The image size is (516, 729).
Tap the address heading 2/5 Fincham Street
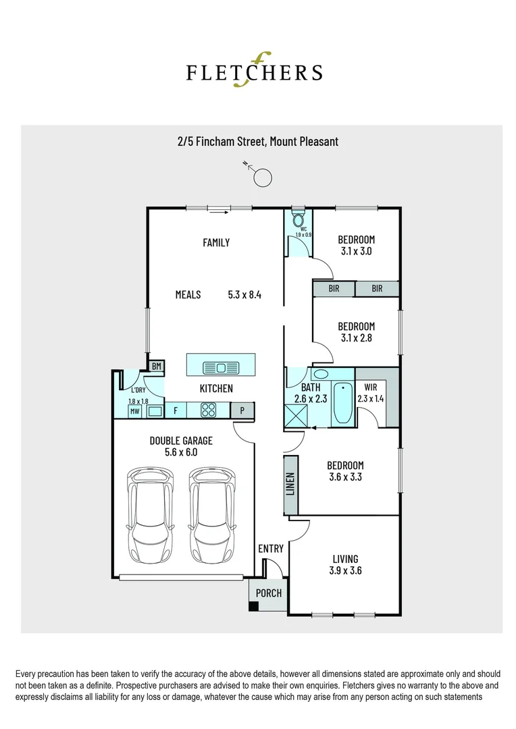[257, 142]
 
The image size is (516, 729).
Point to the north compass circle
[262, 178]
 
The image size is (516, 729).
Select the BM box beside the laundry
[157, 367]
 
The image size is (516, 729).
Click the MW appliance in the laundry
[135, 410]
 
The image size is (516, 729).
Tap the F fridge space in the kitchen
[176, 410]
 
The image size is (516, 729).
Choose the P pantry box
[241, 410]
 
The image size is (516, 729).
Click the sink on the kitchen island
[222, 367]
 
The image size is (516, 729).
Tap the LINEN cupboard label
[290, 484]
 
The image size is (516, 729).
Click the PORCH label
[269, 593]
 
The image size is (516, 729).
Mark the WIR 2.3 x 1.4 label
[370, 393]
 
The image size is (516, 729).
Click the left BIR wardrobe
[334, 289]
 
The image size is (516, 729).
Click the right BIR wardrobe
[377, 289]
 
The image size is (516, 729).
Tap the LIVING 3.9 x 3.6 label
[344, 564]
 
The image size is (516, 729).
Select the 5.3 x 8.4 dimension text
[244, 294]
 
